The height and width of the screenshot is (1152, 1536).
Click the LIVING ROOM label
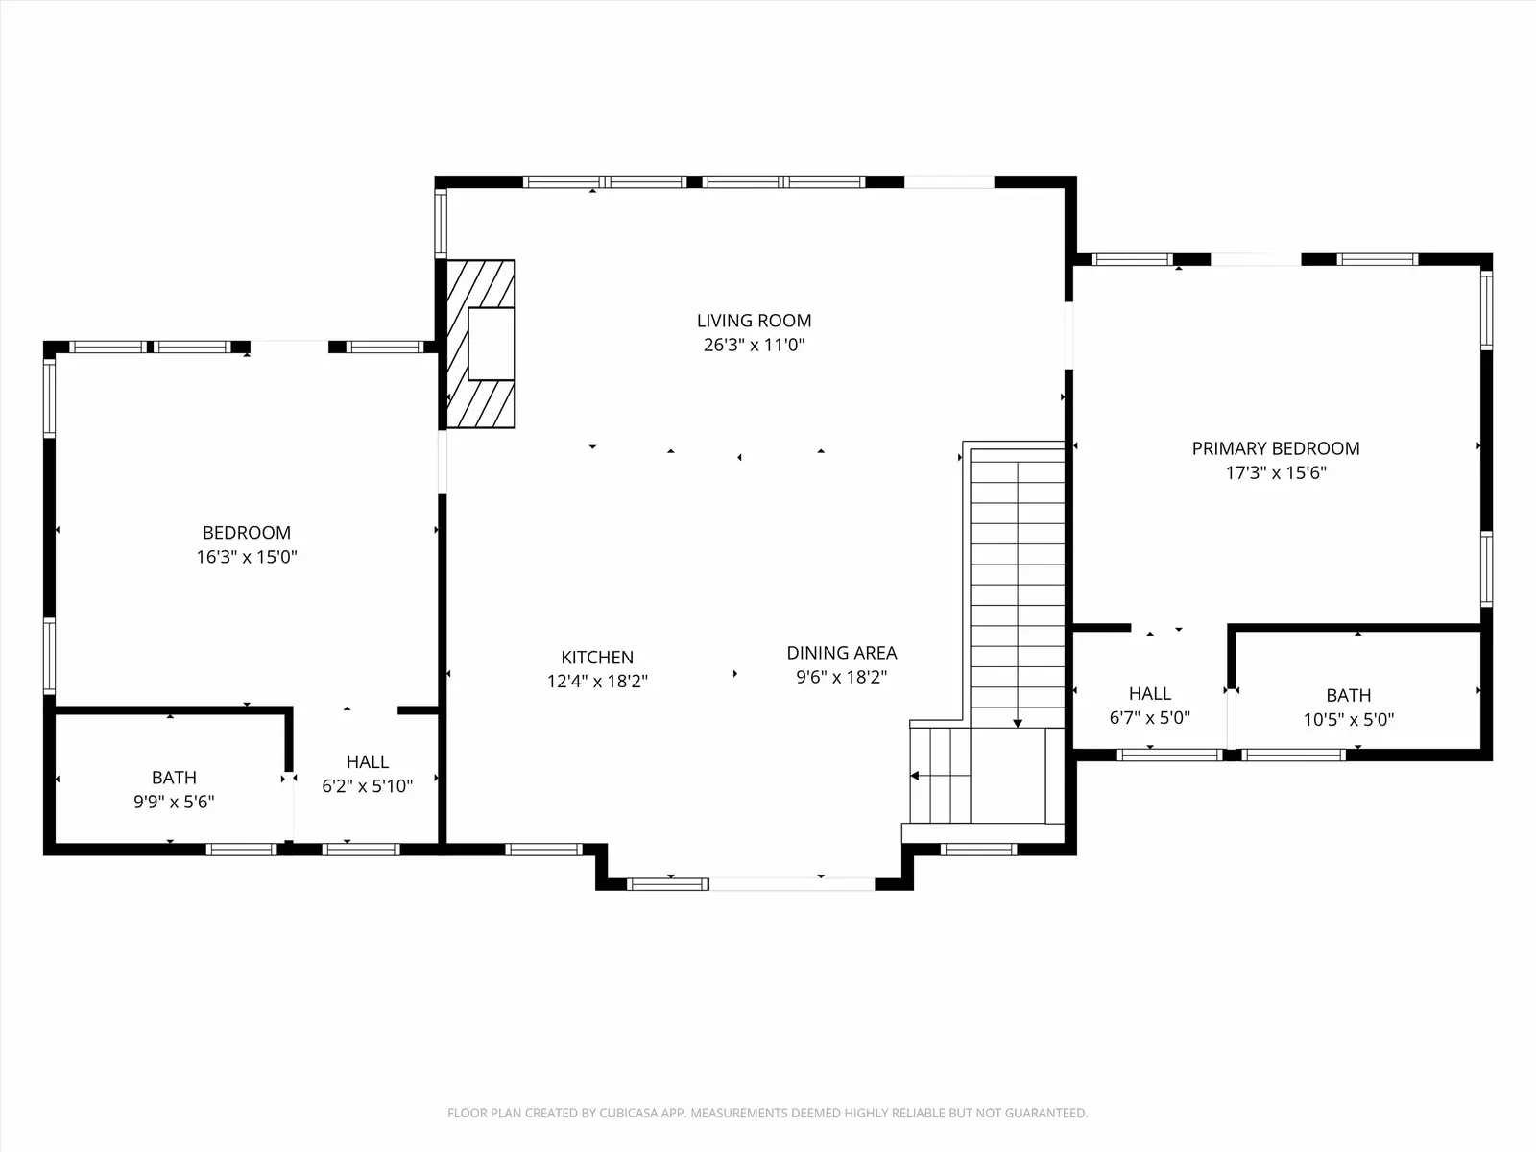[x=754, y=321]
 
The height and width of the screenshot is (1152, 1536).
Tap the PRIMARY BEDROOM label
[x=1276, y=449]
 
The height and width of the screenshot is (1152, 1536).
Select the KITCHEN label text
[x=597, y=658]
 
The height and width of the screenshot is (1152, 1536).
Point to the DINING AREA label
[x=842, y=654]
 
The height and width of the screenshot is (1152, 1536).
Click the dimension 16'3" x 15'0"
[x=247, y=557]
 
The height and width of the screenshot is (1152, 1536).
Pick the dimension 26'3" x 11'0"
[x=754, y=345]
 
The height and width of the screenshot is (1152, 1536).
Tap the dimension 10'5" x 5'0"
[x=1349, y=720]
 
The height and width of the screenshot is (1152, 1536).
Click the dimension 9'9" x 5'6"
[x=175, y=802]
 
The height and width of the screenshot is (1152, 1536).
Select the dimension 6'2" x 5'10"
[x=368, y=786]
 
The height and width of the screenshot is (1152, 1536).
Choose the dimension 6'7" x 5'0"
[x=1150, y=718]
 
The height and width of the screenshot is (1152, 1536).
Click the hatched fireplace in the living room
[x=481, y=344]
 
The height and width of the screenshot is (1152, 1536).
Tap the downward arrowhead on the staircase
[x=1018, y=723]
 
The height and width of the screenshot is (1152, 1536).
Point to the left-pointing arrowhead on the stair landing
[x=915, y=776]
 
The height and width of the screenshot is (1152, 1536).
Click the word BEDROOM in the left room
[x=247, y=533]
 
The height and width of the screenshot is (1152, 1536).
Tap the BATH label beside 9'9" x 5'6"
[x=175, y=778]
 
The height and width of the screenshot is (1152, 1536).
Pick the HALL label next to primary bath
[x=1150, y=694]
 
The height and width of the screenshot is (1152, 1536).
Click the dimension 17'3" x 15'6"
[x=1276, y=473]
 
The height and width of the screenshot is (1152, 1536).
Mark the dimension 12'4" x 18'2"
[x=597, y=682]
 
